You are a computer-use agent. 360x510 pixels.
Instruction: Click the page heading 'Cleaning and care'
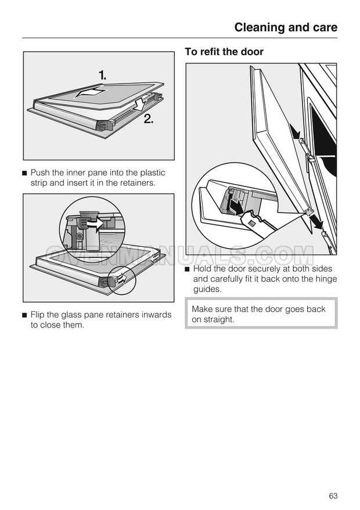[x=286, y=27]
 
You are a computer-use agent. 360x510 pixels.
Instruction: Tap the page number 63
[x=333, y=495]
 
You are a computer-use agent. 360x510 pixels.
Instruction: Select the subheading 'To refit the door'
[x=224, y=52]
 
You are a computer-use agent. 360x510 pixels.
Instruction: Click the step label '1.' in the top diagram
[x=103, y=75]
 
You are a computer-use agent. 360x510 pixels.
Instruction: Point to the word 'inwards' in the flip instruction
[x=156, y=315]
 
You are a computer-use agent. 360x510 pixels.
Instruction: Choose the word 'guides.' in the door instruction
[x=207, y=289]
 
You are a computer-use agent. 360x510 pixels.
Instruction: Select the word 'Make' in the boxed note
[x=203, y=309]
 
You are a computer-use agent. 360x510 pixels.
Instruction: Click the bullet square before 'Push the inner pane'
[x=24, y=173]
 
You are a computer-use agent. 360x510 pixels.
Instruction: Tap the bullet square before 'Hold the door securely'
[x=188, y=270]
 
